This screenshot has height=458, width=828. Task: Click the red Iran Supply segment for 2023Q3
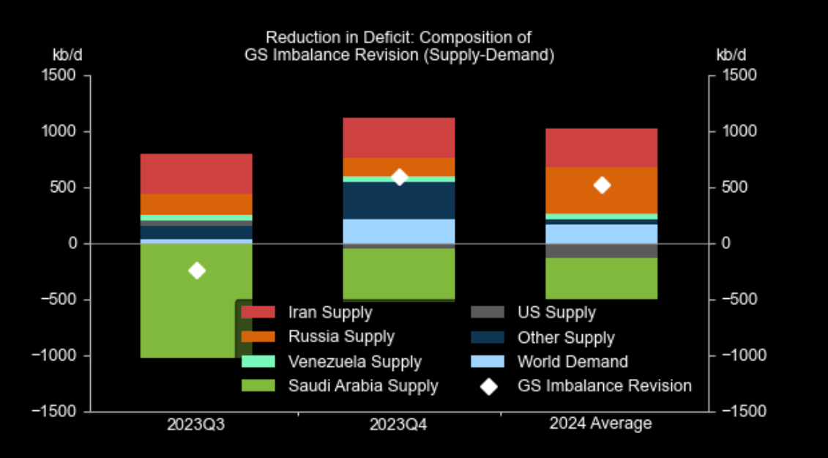click(x=196, y=174)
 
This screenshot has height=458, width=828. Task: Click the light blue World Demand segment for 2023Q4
click(x=399, y=230)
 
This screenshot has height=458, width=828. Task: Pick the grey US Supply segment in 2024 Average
click(x=601, y=251)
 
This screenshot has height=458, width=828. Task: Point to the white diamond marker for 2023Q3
click(x=196, y=271)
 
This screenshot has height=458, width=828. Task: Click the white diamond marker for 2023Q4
click(x=399, y=177)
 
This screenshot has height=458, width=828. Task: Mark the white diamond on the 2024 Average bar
click(x=602, y=185)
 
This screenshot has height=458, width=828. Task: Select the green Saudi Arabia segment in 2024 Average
click(x=601, y=278)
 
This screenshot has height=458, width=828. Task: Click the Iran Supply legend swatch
click(x=258, y=312)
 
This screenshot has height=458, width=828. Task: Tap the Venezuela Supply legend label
click(x=355, y=361)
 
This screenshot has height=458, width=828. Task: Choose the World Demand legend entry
click(x=572, y=361)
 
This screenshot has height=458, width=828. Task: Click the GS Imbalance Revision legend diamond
click(x=488, y=385)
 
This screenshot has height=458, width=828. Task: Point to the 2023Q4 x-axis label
click(x=399, y=424)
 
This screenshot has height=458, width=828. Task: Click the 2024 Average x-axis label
click(x=600, y=423)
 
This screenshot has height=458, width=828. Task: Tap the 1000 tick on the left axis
click(x=62, y=132)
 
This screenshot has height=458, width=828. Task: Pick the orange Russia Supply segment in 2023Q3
click(x=196, y=204)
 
